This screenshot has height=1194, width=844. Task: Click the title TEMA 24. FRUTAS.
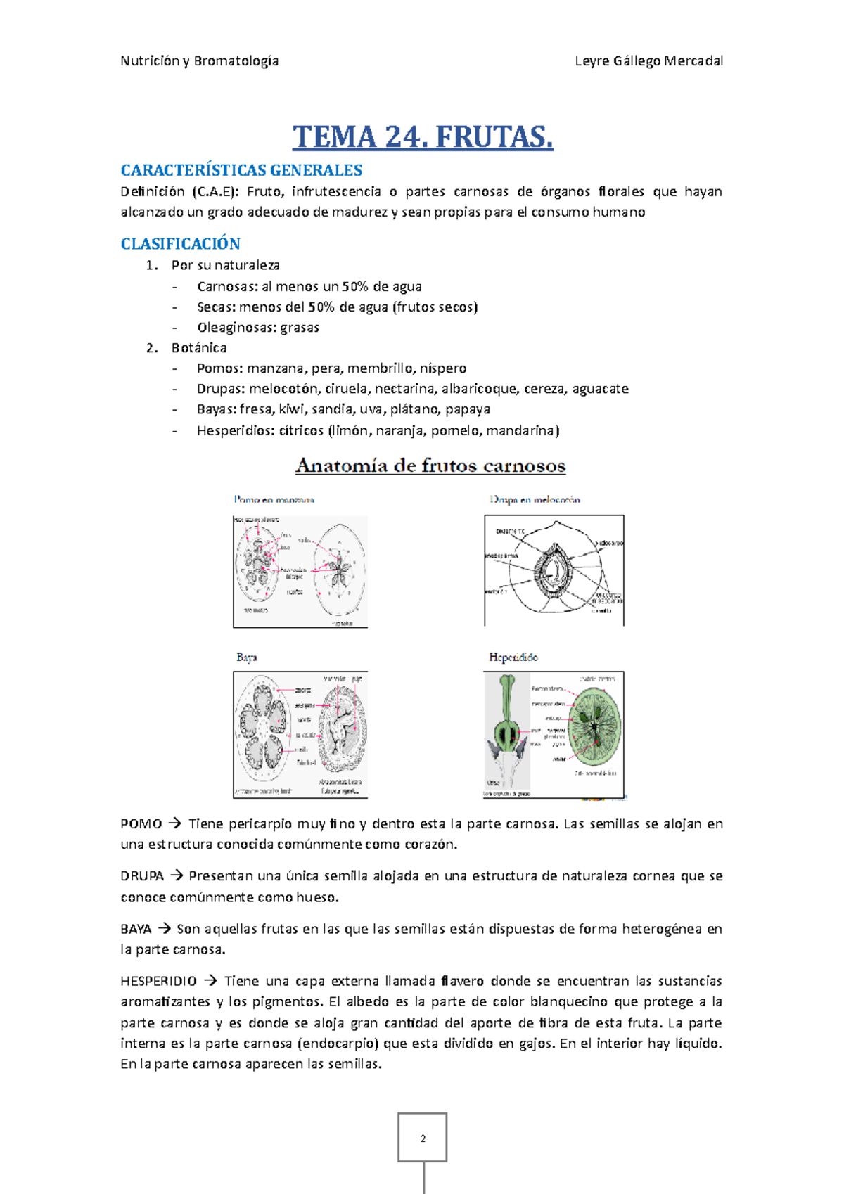(423, 136)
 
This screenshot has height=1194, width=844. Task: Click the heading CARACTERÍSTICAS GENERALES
(241, 170)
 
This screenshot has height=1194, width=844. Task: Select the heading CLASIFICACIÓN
(180, 244)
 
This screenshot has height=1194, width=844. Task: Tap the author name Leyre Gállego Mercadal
(648, 61)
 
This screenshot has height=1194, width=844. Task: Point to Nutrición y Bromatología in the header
(200, 61)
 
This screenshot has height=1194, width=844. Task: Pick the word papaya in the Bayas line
(468, 409)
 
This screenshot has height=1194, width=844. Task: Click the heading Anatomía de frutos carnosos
(430, 466)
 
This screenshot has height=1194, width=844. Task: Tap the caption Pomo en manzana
(274, 499)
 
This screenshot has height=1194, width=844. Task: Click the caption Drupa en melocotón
(535, 499)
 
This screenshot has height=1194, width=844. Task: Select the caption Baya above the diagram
(247, 657)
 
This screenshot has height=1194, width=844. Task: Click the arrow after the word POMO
(175, 823)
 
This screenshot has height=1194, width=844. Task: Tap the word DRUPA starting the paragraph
(142, 876)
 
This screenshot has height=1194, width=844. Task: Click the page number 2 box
(422, 1137)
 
